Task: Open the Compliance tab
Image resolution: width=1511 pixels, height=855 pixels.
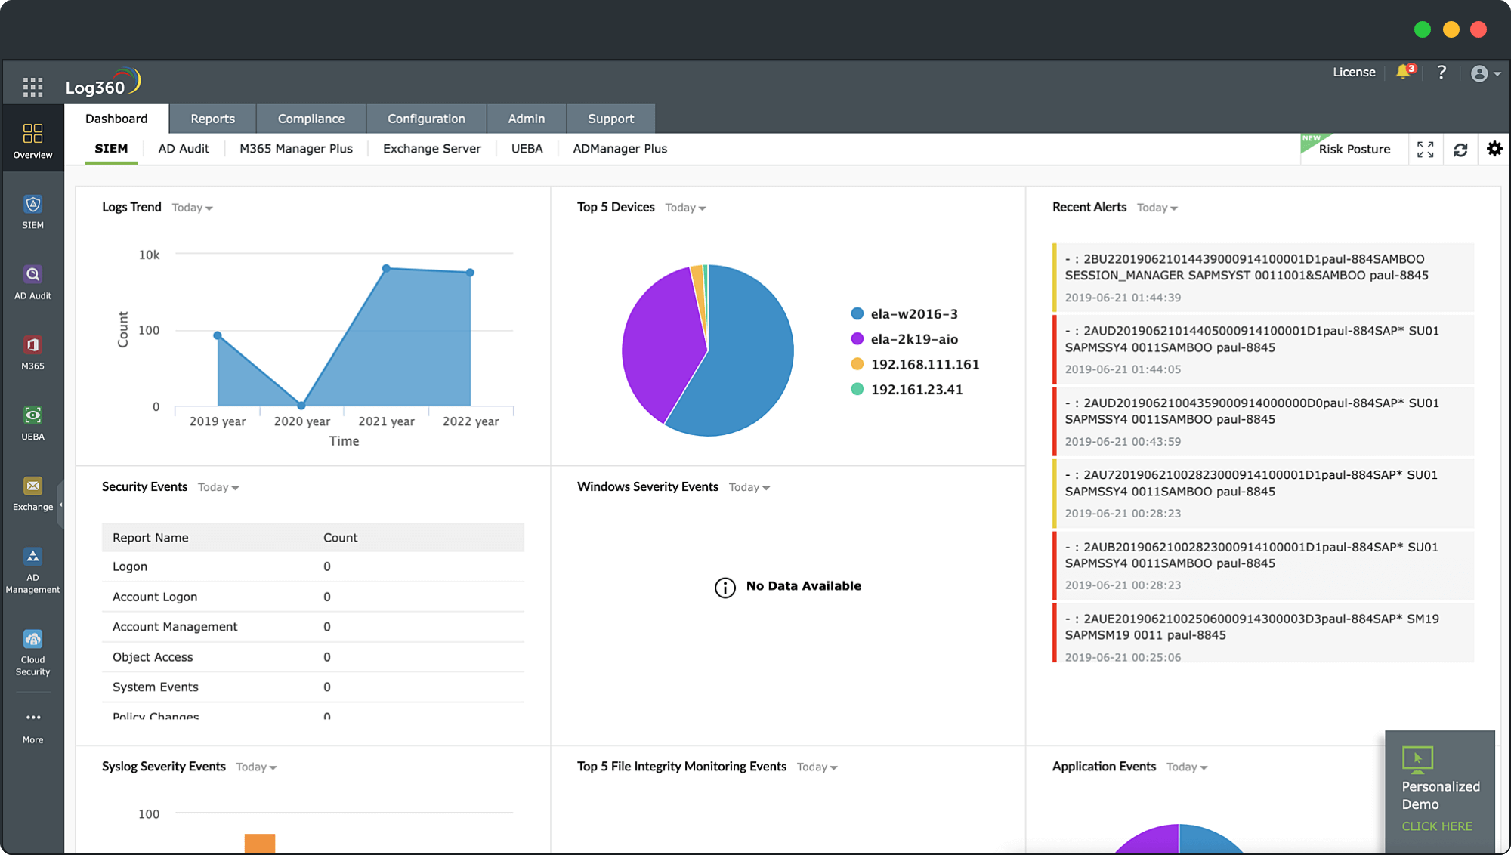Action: coord(311,119)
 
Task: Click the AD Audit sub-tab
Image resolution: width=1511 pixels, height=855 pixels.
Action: coord(184,149)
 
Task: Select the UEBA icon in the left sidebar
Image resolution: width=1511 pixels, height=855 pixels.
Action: coord(32,422)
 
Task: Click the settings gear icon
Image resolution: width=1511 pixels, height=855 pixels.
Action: coord(1494,149)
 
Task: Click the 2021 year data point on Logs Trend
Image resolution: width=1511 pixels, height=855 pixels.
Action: coord(386,268)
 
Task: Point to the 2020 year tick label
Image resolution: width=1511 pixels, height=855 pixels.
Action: coord(301,421)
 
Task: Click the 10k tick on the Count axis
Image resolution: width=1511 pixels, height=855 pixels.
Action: coord(149,255)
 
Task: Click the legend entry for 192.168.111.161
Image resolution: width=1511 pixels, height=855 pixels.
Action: coord(924,364)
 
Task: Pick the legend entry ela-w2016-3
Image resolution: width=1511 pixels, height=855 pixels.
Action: coord(913,314)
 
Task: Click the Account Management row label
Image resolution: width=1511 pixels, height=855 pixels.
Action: coord(175,627)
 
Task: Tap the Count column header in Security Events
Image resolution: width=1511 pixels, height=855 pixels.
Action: coord(340,538)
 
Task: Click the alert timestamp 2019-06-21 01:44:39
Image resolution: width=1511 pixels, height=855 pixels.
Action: coord(1123,298)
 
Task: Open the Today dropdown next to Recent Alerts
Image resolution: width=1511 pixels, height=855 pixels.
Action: coord(1157,208)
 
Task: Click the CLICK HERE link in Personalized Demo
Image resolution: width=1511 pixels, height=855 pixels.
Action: coord(1437,826)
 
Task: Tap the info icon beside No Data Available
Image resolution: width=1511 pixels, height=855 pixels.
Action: coord(725,588)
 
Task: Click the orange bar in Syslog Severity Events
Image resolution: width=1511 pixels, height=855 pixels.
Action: coord(260,843)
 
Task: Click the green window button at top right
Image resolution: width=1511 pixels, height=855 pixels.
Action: coord(1423,29)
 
